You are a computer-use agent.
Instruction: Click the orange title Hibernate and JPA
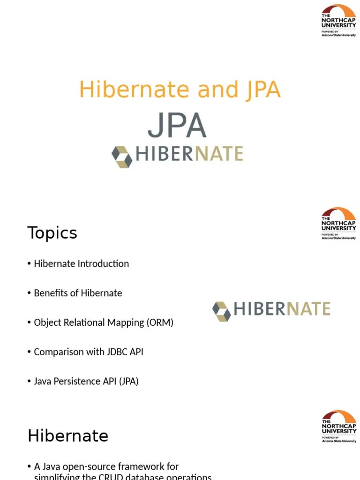(x=180, y=90)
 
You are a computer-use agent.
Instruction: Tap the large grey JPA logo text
(x=177, y=125)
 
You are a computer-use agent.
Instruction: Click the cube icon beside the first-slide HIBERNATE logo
(x=121, y=156)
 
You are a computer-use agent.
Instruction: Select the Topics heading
(x=52, y=233)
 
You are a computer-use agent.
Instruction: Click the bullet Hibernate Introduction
(x=81, y=263)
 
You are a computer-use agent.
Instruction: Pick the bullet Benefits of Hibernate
(x=78, y=293)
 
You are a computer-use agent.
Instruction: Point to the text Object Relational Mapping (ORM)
(x=104, y=322)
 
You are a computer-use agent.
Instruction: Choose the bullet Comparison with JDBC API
(x=89, y=352)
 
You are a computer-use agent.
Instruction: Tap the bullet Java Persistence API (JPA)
(x=86, y=381)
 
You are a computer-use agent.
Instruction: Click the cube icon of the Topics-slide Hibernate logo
(x=221, y=311)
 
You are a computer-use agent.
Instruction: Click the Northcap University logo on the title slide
(x=338, y=21)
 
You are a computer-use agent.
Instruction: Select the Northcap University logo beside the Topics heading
(x=338, y=224)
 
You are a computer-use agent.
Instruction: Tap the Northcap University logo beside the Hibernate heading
(x=338, y=427)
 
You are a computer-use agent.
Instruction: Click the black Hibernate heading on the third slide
(x=68, y=436)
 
